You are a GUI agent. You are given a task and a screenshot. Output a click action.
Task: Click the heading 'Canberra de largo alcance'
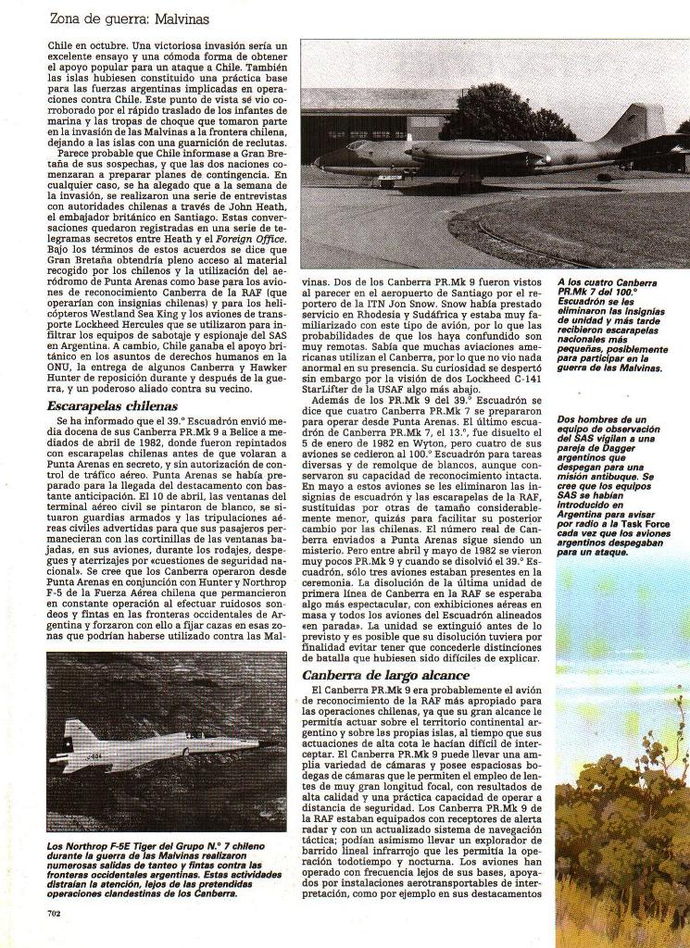coord(385,675)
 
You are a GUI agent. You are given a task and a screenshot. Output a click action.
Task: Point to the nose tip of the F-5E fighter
coord(275,742)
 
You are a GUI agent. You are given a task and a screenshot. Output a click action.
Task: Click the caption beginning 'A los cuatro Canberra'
coord(611,324)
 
